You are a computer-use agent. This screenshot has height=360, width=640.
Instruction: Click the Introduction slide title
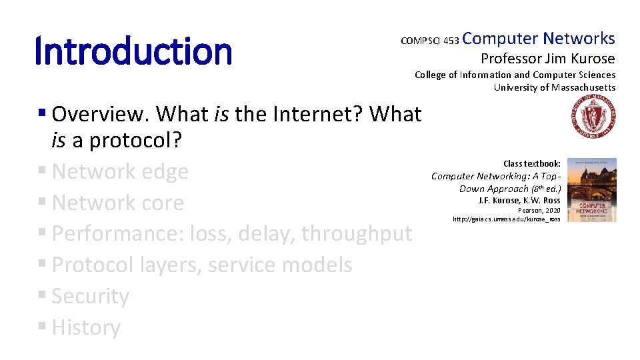coord(133,51)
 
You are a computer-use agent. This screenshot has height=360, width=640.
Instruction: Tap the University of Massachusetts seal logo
coord(593,116)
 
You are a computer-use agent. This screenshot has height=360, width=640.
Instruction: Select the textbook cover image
coord(592,190)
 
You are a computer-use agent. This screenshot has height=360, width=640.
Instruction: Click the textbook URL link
coord(506,219)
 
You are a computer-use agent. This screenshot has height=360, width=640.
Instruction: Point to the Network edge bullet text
coord(120,171)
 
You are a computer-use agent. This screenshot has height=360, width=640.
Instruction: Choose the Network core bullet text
coord(117,203)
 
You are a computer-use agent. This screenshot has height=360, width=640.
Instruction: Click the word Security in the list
coord(90,296)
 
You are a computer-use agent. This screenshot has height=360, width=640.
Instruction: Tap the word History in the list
coord(86,327)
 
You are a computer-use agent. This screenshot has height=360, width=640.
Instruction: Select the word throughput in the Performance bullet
coord(357,234)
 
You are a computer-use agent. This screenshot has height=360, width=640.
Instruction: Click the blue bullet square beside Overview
coord(41,112)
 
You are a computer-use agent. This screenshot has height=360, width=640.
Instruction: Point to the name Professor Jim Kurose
coord(548,59)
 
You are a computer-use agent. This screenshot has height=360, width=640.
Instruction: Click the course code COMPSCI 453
coord(430,41)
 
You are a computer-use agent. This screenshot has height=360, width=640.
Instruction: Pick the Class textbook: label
coord(532,164)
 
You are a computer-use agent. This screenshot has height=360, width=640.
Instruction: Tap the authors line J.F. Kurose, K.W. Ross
coord(519,201)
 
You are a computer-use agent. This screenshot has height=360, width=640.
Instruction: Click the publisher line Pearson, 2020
coord(539,210)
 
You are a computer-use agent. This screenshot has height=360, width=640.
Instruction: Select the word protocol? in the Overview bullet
coord(135,141)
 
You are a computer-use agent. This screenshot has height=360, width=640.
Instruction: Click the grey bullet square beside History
coord(41,326)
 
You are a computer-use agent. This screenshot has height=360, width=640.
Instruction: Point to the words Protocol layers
coord(127,265)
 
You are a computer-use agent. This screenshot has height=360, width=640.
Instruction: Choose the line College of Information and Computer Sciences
coord(515,75)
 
